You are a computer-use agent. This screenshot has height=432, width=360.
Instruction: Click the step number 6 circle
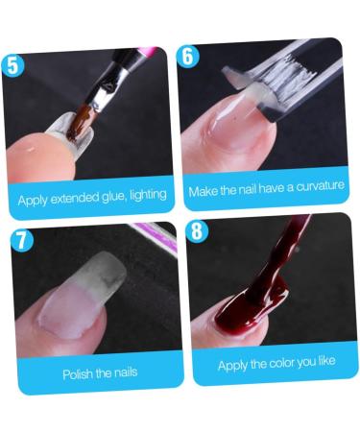(x=188, y=56)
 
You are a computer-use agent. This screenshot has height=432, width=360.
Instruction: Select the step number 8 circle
(x=198, y=231)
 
